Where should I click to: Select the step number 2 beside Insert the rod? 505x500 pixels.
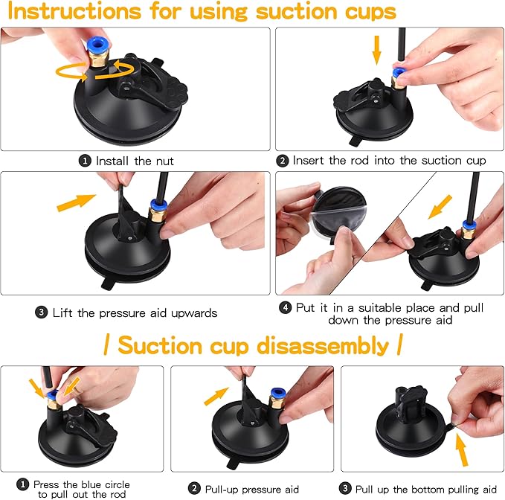(282, 160)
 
